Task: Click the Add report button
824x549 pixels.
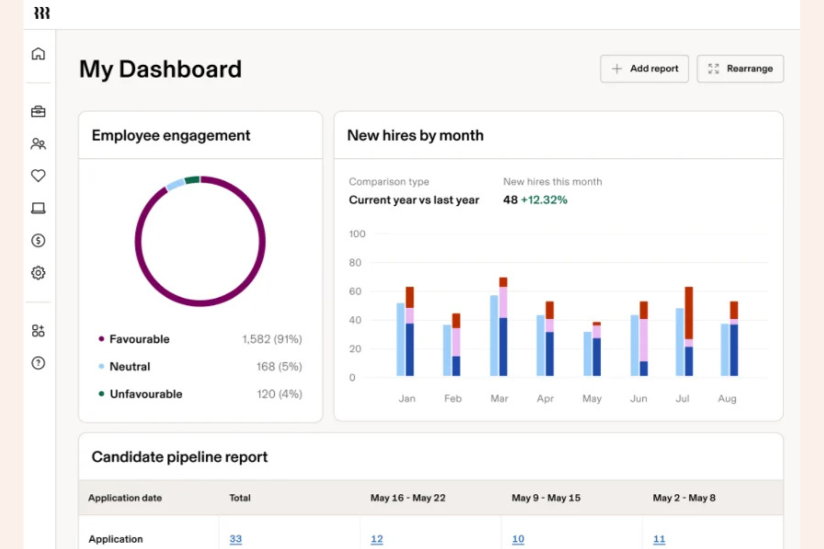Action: coord(644,69)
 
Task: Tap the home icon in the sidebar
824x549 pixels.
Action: coord(38,54)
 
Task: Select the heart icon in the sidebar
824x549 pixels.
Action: coord(38,176)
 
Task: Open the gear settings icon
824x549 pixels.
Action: coord(38,273)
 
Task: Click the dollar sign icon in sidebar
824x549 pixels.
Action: coord(38,240)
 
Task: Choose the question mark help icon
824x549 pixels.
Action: coord(38,363)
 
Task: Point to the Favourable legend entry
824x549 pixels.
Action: coord(139,339)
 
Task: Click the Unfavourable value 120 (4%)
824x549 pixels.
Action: coord(279,394)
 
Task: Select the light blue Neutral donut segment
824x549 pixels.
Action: coord(175,184)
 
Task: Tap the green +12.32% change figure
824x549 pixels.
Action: coord(544,200)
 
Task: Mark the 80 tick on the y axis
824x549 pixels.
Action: coord(355,263)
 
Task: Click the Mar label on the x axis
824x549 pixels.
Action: coord(499,398)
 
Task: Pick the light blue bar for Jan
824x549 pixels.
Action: coord(401,339)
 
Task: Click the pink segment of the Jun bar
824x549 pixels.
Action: coord(644,339)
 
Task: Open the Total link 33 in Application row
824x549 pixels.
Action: coord(236,539)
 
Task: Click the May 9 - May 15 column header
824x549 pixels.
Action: coord(546,498)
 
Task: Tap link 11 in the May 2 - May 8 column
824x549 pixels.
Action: coord(659,539)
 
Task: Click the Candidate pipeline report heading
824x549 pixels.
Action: coord(179,457)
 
